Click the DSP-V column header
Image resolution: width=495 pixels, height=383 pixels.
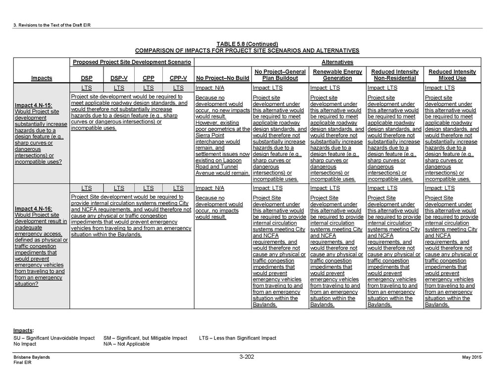pyautogui.click(x=119, y=78)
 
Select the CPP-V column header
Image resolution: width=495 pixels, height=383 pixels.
pyautogui.click(x=178, y=78)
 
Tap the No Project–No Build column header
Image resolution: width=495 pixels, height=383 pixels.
pyautogui.click(x=222, y=78)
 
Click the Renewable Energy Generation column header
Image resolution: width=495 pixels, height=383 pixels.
pyautogui.click(x=338, y=75)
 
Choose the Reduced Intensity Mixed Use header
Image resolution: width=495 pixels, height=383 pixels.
pyautogui.click(x=452, y=75)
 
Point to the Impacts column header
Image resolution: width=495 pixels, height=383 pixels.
pyautogui.click(x=42, y=78)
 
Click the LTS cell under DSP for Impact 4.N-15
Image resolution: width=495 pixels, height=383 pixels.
pyautogui.click(x=86, y=88)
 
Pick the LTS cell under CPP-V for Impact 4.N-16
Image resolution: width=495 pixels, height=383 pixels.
pyautogui.click(x=178, y=188)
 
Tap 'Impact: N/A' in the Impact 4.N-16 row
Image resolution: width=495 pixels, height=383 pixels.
pyautogui.click(x=210, y=188)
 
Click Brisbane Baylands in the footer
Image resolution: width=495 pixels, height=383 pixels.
pyautogui.click(x=32, y=357)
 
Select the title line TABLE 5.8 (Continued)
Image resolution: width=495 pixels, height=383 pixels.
pyautogui.click(x=247, y=44)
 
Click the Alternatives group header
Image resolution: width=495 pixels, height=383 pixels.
pyautogui.click(x=337, y=62)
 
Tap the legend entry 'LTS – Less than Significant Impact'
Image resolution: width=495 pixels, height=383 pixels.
pyautogui.click(x=238, y=338)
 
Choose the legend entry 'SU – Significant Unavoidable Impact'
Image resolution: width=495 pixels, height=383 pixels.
pyautogui.click(x=54, y=338)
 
